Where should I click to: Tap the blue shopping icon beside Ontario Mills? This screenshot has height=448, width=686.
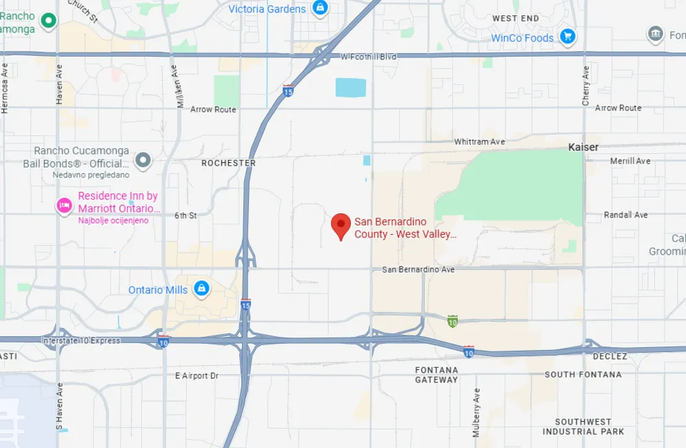click(x=201, y=289)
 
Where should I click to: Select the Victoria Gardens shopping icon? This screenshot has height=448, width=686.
click(x=319, y=8)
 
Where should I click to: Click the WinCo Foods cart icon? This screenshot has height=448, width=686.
click(x=567, y=37)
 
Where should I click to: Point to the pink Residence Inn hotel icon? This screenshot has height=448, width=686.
click(x=64, y=204)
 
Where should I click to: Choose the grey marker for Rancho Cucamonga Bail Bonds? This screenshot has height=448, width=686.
click(x=143, y=160)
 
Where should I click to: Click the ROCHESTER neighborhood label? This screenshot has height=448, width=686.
click(x=228, y=164)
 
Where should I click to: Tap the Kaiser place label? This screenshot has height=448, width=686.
click(x=583, y=147)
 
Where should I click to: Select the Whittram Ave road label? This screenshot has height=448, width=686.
click(x=479, y=142)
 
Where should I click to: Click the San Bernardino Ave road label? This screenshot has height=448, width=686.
click(x=418, y=269)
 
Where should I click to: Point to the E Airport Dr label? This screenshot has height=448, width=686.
click(x=196, y=376)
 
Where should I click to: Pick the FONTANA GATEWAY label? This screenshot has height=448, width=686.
click(x=436, y=375)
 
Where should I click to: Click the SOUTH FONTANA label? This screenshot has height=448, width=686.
click(x=583, y=375)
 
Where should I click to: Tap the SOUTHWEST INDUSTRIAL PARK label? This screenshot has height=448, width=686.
click(x=583, y=427)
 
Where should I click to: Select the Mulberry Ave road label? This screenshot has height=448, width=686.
click(x=476, y=412)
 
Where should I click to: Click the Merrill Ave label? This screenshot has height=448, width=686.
click(x=630, y=161)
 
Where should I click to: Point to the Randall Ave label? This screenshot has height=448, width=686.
click(x=626, y=215)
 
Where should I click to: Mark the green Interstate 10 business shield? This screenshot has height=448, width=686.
click(x=452, y=321)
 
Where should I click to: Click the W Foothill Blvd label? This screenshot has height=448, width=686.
click(x=369, y=57)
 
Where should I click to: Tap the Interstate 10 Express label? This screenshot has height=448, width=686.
click(x=81, y=340)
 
